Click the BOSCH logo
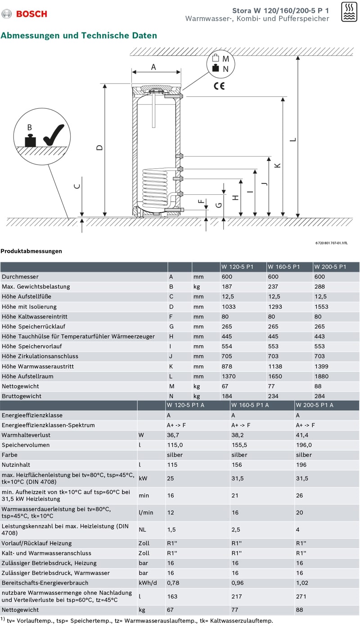click(x=25, y=13)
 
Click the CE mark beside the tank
click(x=219, y=86)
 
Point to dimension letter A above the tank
click(x=153, y=67)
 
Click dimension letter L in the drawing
click(x=293, y=139)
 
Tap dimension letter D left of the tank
click(x=100, y=147)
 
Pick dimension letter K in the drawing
click(x=278, y=165)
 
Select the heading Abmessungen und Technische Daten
click(x=79, y=36)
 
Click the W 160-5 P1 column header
click(x=283, y=267)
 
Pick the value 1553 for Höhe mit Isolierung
click(x=321, y=307)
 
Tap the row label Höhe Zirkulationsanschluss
click(x=40, y=356)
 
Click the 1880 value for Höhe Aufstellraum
click(x=321, y=376)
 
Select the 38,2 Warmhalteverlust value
click(x=237, y=435)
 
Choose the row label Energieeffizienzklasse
click(x=32, y=415)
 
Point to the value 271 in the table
click(x=301, y=596)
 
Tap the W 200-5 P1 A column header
click(x=315, y=405)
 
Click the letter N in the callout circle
click(x=226, y=69)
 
